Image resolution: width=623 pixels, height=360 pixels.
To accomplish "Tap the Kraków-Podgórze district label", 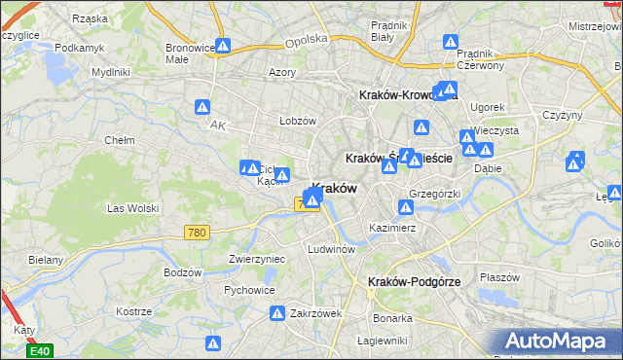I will (415, 281).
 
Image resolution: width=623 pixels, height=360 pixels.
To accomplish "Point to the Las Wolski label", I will (132, 207).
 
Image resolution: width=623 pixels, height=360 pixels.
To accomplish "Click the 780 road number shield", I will (197, 232).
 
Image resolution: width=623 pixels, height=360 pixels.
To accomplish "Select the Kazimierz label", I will (392, 228).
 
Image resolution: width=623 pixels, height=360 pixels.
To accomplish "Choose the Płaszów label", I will (500, 276).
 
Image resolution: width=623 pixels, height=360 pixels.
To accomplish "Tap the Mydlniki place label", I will (110, 72).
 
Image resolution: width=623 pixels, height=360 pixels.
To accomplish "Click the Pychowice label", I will (248, 290).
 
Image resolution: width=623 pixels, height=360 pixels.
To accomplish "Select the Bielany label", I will (46, 260).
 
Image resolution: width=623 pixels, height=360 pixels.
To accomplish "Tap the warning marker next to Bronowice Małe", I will (223, 45).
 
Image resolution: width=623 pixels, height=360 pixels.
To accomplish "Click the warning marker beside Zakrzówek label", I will (276, 313).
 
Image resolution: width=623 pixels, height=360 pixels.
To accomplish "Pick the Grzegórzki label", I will (434, 194).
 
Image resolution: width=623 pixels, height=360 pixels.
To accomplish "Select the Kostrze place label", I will (133, 311).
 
